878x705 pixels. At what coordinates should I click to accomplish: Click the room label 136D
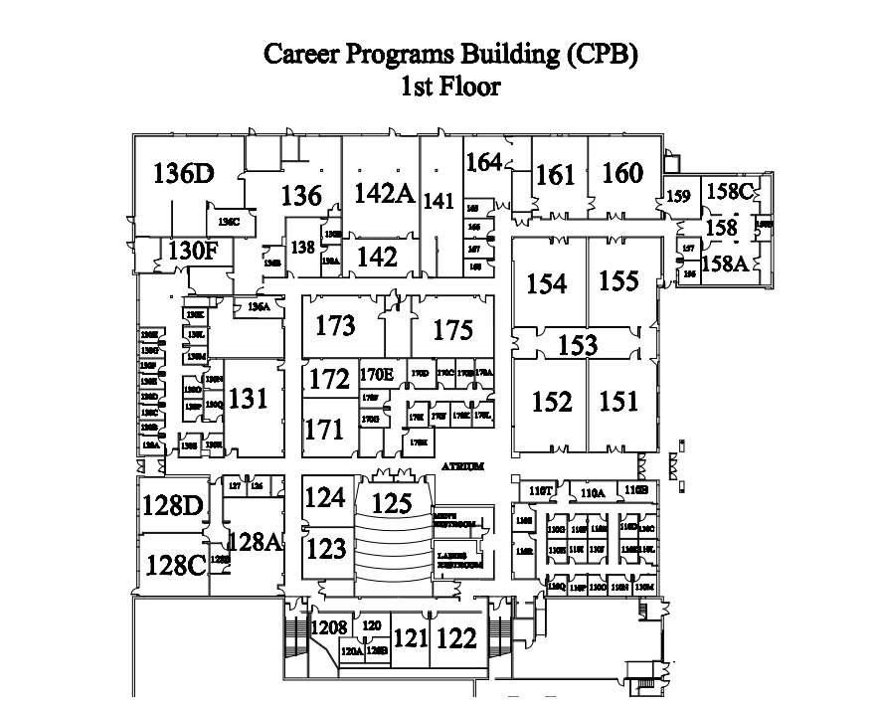pos(184,173)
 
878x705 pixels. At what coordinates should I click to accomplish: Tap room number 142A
pos(384,192)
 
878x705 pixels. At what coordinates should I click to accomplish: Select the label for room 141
pos(439,200)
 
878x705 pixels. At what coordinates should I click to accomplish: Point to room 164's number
pos(483,161)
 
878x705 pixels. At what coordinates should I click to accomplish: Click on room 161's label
pos(555,175)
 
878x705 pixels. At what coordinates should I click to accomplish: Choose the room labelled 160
pos(622,173)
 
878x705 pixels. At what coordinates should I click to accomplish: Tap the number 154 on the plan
pos(546,284)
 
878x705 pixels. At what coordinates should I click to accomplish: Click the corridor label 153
pos(578,345)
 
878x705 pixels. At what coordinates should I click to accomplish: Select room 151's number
pos(619,401)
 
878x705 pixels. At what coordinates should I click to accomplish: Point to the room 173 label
pos(335,325)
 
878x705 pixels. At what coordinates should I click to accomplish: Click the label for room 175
pos(452,329)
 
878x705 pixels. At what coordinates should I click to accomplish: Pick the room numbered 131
pos(249,399)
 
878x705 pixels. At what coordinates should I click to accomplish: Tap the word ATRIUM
pos(463,466)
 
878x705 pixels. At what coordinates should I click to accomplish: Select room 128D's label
pos(172,505)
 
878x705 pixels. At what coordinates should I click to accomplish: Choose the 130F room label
pos(192,250)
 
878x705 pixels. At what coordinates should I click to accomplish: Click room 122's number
pos(457,638)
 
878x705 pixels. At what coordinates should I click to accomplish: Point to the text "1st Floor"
pos(449,88)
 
